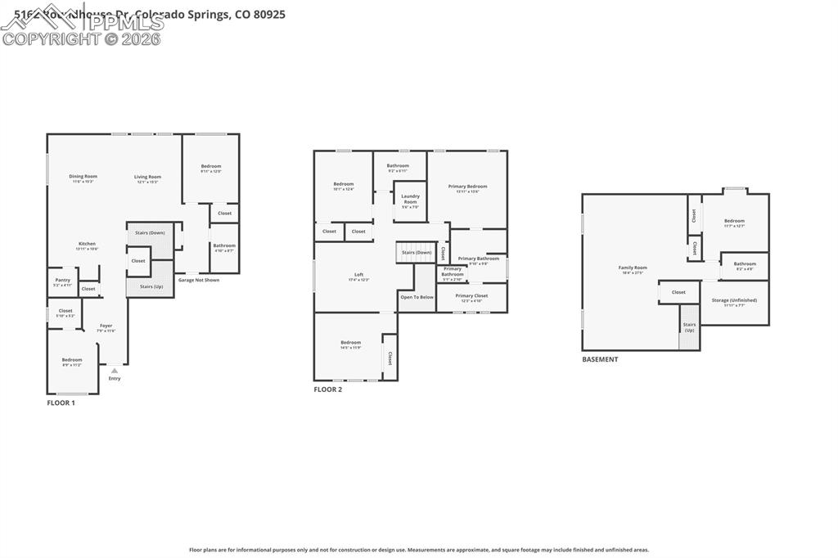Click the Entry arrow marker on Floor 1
(115, 371)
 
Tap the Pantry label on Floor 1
(63, 281)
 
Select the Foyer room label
(106, 326)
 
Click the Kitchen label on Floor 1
(88, 244)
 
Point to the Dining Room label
(83, 177)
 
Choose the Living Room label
(148, 177)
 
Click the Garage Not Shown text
(199, 280)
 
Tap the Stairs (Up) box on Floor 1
(151, 286)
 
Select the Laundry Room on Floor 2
(410, 199)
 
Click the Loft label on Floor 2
(358, 275)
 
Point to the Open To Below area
(417, 297)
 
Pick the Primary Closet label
(471, 296)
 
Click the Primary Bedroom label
(467, 187)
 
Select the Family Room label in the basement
(633, 268)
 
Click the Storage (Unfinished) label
(734, 300)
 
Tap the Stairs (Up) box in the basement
(689, 327)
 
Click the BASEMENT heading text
(600, 359)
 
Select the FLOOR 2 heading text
(328, 389)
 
